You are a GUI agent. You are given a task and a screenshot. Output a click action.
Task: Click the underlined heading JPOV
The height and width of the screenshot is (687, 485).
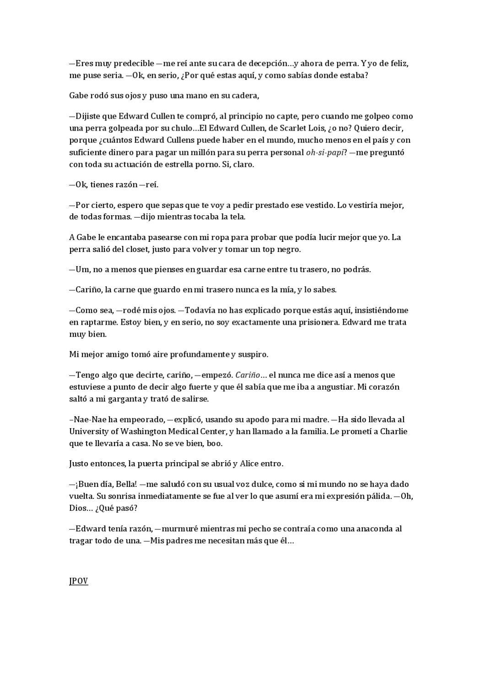pos(78,581)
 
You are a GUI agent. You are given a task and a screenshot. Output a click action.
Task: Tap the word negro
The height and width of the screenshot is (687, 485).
pos(289,249)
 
